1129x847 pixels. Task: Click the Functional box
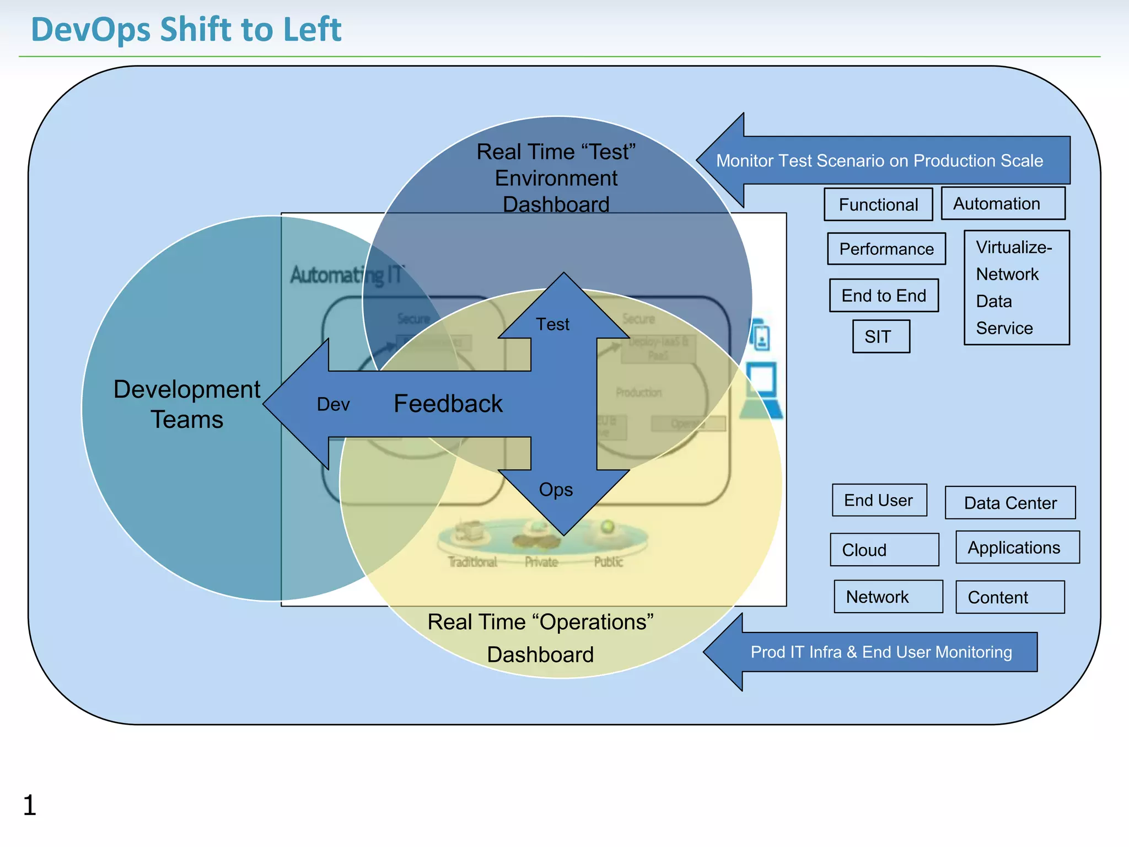coord(878,205)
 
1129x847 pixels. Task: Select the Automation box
coord(1002,203)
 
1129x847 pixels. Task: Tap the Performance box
coord(886,249)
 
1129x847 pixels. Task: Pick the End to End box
coord(883,296)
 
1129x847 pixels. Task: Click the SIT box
coord(880,336)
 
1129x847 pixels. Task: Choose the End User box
coord(879,500)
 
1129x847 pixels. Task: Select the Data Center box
coord(1009,503)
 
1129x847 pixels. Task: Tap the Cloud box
coord(884,550)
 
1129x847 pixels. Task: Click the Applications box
coord(1017,548)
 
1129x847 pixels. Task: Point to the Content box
coord(1009,597)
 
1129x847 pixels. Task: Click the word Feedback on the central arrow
coord(448,404)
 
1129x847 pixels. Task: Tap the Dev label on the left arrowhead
coord(333,404)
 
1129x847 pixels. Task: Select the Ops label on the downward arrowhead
coord(556,490)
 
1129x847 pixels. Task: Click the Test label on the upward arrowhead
coord(553,324)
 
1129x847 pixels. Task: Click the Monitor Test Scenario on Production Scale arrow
coord(879,160)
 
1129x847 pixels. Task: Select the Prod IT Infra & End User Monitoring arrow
coord(881,652)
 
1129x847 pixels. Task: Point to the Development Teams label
coord(186,404)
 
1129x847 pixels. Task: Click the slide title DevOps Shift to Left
coord(186,29)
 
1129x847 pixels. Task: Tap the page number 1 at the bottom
coord(30,805)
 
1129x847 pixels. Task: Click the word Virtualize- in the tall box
coord(1013,247)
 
